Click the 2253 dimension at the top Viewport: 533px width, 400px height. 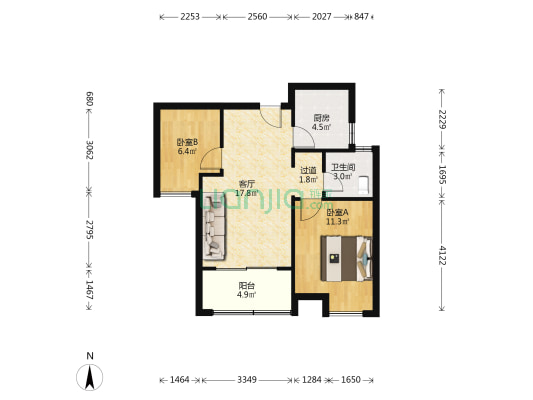pyautogui.click(x=190, y=16)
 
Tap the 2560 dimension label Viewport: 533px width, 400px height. pyautogui.click(x=257, y=16)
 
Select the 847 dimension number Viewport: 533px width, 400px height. pyautogui.click(x=361, y=16)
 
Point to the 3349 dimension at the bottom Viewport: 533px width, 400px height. pyautogui.click(x=247, y=379)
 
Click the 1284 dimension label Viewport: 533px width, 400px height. pyautogui.click(x=312, y=379)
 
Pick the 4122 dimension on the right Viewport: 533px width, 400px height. pyautogui.click(x=442, y=255)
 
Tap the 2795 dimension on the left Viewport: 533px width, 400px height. pyautogui.click(x=89, y=229)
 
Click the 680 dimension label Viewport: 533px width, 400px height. pyautogui.click(x=89, y=99)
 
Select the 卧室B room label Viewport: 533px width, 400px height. pyautogui.click(x=187, y=142)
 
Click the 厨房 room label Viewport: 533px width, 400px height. pyautogui.click(x=322, y=118)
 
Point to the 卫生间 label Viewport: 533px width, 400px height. pyautogui.click(x=343, y=167)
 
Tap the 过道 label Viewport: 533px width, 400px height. pyautogui.click(x=308, y=170)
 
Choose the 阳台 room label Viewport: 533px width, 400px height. pyautogui.click(x=246, y=286)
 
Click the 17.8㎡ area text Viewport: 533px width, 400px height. pyautogui.click(x=246, y=193)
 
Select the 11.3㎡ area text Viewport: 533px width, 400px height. pyautogui.click(x=338, y=222)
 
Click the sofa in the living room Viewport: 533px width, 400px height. pyautogui.click(x=214, y=226)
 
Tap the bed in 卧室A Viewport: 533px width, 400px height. pyautogui.click(x=346, y=259)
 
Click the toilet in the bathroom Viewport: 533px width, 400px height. pyautogui.click(x=364, y=185)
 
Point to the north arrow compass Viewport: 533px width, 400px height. pyautogui.click(x=90, y=377)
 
